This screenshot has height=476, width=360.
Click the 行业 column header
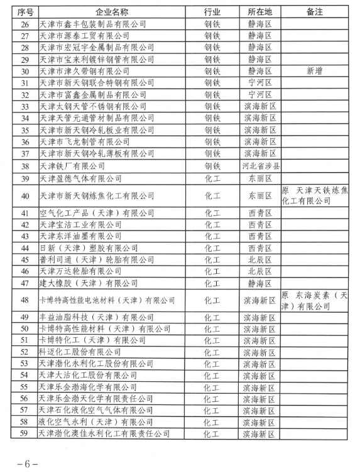(x=213, y=12)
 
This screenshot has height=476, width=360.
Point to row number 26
(x=26, y=24)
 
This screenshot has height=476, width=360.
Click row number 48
(x=26, y=300)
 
